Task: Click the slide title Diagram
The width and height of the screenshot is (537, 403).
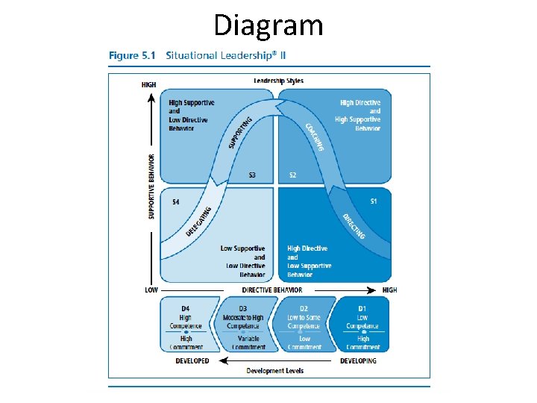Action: click(268, 25)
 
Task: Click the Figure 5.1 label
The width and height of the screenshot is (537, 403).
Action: click(134, 55)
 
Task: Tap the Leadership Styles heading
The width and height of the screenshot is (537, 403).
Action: click(278, 81)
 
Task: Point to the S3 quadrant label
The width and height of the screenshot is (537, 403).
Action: click(253, 175)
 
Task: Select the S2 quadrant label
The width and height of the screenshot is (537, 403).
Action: click(293, 175)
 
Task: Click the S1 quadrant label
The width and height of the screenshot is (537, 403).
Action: click(374, 201)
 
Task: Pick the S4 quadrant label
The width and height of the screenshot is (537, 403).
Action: click(176, 201)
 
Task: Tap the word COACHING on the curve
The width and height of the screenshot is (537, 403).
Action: click(315, 137)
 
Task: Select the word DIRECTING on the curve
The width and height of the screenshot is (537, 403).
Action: click(354, 226)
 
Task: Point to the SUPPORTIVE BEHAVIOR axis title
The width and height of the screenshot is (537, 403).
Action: click(151, 187)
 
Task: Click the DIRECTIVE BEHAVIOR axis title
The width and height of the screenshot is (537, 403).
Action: click(272, 290)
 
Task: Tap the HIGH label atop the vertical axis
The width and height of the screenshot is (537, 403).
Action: click(148, 85)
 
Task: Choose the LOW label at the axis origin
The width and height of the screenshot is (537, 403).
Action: click(151, 290)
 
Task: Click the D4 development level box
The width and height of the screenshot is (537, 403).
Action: click(186, 325)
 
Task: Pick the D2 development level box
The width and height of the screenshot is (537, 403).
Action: click(304, 325)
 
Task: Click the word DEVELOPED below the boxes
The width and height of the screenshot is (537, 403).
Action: click(192, 360)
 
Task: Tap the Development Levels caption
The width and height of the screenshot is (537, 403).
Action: click(275, 371)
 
